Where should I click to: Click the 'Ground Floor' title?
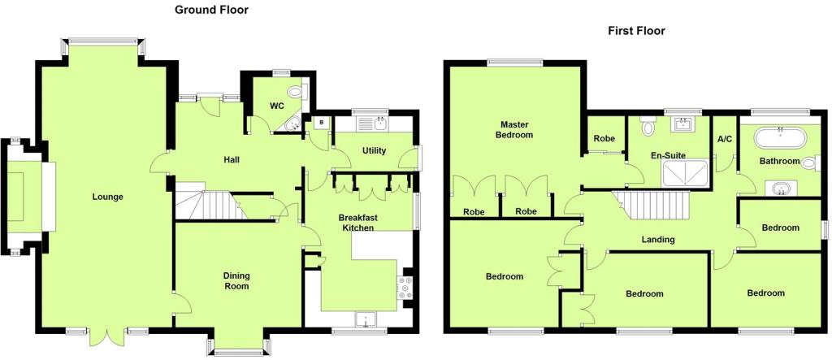(x=212, y=10)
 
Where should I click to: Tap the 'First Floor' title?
(x=636, y=31)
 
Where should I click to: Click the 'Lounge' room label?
(x=107, y=197)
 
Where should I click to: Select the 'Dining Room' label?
(x=236, y=281)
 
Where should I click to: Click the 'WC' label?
(x=277, y=106)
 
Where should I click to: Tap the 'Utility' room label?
(x=374, y=151)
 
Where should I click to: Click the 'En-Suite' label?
(x=668, y=155)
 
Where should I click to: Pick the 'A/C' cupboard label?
(x=724, y=139)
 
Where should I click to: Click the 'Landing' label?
(x=658, y=240)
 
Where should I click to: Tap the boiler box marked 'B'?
(x=322, y=124)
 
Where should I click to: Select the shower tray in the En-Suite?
(x=685, y=173)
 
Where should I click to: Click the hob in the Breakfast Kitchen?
(x=406, y=288)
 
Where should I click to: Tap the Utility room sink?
(x=379, y=124)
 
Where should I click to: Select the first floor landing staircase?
(x=652, y=205)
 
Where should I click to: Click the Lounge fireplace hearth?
(x=48, y=197)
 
